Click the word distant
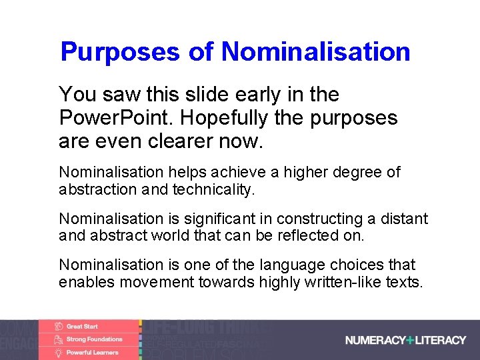(x=405, y=219)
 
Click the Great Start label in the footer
(x=82, y=327)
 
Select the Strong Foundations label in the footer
(x=94, y=339)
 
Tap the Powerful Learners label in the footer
(x=92, y=352)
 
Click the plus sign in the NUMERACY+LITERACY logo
(x=410, y=340)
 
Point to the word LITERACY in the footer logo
(x=441, y=340)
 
